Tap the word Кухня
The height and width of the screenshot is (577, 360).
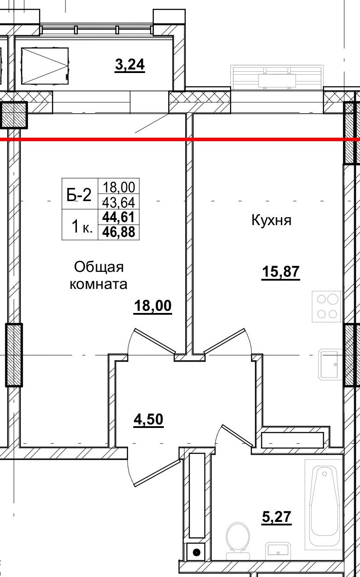271,220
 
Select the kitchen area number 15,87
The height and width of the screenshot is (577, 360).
280,272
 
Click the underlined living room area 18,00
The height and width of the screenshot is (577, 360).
152,306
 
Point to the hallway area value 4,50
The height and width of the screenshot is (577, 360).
148,420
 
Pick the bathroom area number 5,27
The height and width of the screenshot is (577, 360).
276,518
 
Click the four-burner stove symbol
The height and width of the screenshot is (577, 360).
327,306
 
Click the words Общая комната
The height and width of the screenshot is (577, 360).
99,275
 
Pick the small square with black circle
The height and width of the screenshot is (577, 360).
196,552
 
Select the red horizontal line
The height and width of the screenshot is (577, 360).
180,139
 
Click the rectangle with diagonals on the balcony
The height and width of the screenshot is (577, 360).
45,66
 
